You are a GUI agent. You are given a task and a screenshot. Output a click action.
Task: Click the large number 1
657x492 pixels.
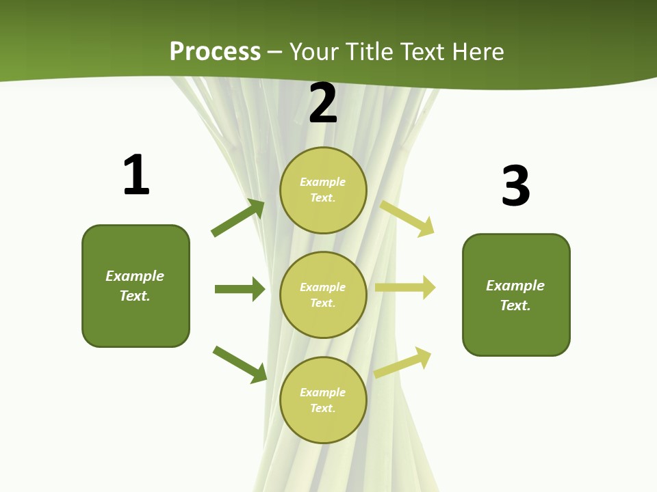(136, 175)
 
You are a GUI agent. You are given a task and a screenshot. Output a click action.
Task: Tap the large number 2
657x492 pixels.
(323, 103)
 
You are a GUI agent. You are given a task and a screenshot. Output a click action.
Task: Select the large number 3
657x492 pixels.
(515, 186)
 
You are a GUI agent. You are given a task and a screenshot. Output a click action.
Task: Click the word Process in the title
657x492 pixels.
(215, 51)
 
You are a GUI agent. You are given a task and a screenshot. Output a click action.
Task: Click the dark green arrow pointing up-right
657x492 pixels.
(238, 218)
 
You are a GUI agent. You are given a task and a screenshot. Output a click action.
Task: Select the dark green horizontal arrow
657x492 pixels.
(240, 289)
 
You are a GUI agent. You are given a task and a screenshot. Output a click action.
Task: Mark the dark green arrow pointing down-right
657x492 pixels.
(240, 364)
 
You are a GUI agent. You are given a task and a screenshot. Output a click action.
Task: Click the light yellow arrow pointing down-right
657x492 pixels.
(407, 218)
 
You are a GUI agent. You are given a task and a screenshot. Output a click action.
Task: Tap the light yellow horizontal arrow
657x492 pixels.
(405, 288)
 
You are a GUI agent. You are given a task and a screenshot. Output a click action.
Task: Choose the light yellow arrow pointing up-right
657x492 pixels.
(403, 363)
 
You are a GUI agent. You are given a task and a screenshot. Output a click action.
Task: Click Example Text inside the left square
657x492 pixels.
(135, 286)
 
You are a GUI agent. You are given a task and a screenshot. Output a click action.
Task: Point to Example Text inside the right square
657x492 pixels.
(515, 295)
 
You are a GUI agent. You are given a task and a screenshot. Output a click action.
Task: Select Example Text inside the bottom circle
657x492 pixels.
(323, 400)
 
